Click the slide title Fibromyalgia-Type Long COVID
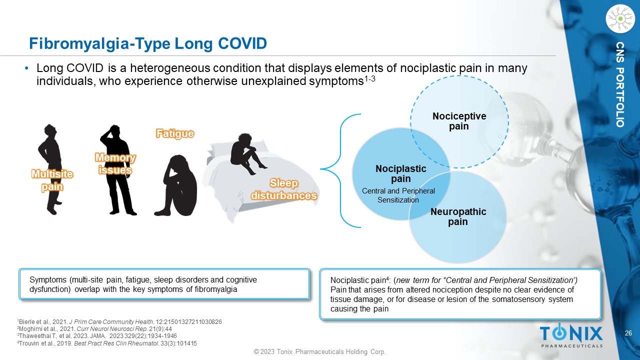(148, 43)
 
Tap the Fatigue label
(174, 133)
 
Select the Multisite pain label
(52, 180)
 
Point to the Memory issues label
(115, 164)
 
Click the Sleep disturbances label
(284, 189)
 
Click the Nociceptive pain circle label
(459, 121)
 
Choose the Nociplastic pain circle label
(401, 173)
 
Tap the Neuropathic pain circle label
(458, 216)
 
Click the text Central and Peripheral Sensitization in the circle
(398, 195)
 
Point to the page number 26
(628, 333)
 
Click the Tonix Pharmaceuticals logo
(571, 335)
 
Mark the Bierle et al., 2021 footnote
(120, 321)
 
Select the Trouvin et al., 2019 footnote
(107, 343)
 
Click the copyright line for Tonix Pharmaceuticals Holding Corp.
(320, 352)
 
